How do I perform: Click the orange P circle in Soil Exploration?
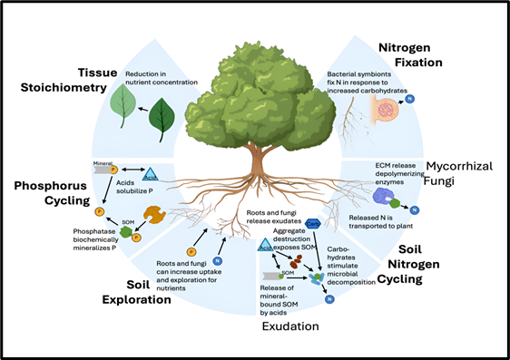(191, 251)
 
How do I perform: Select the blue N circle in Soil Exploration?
(218, 261)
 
